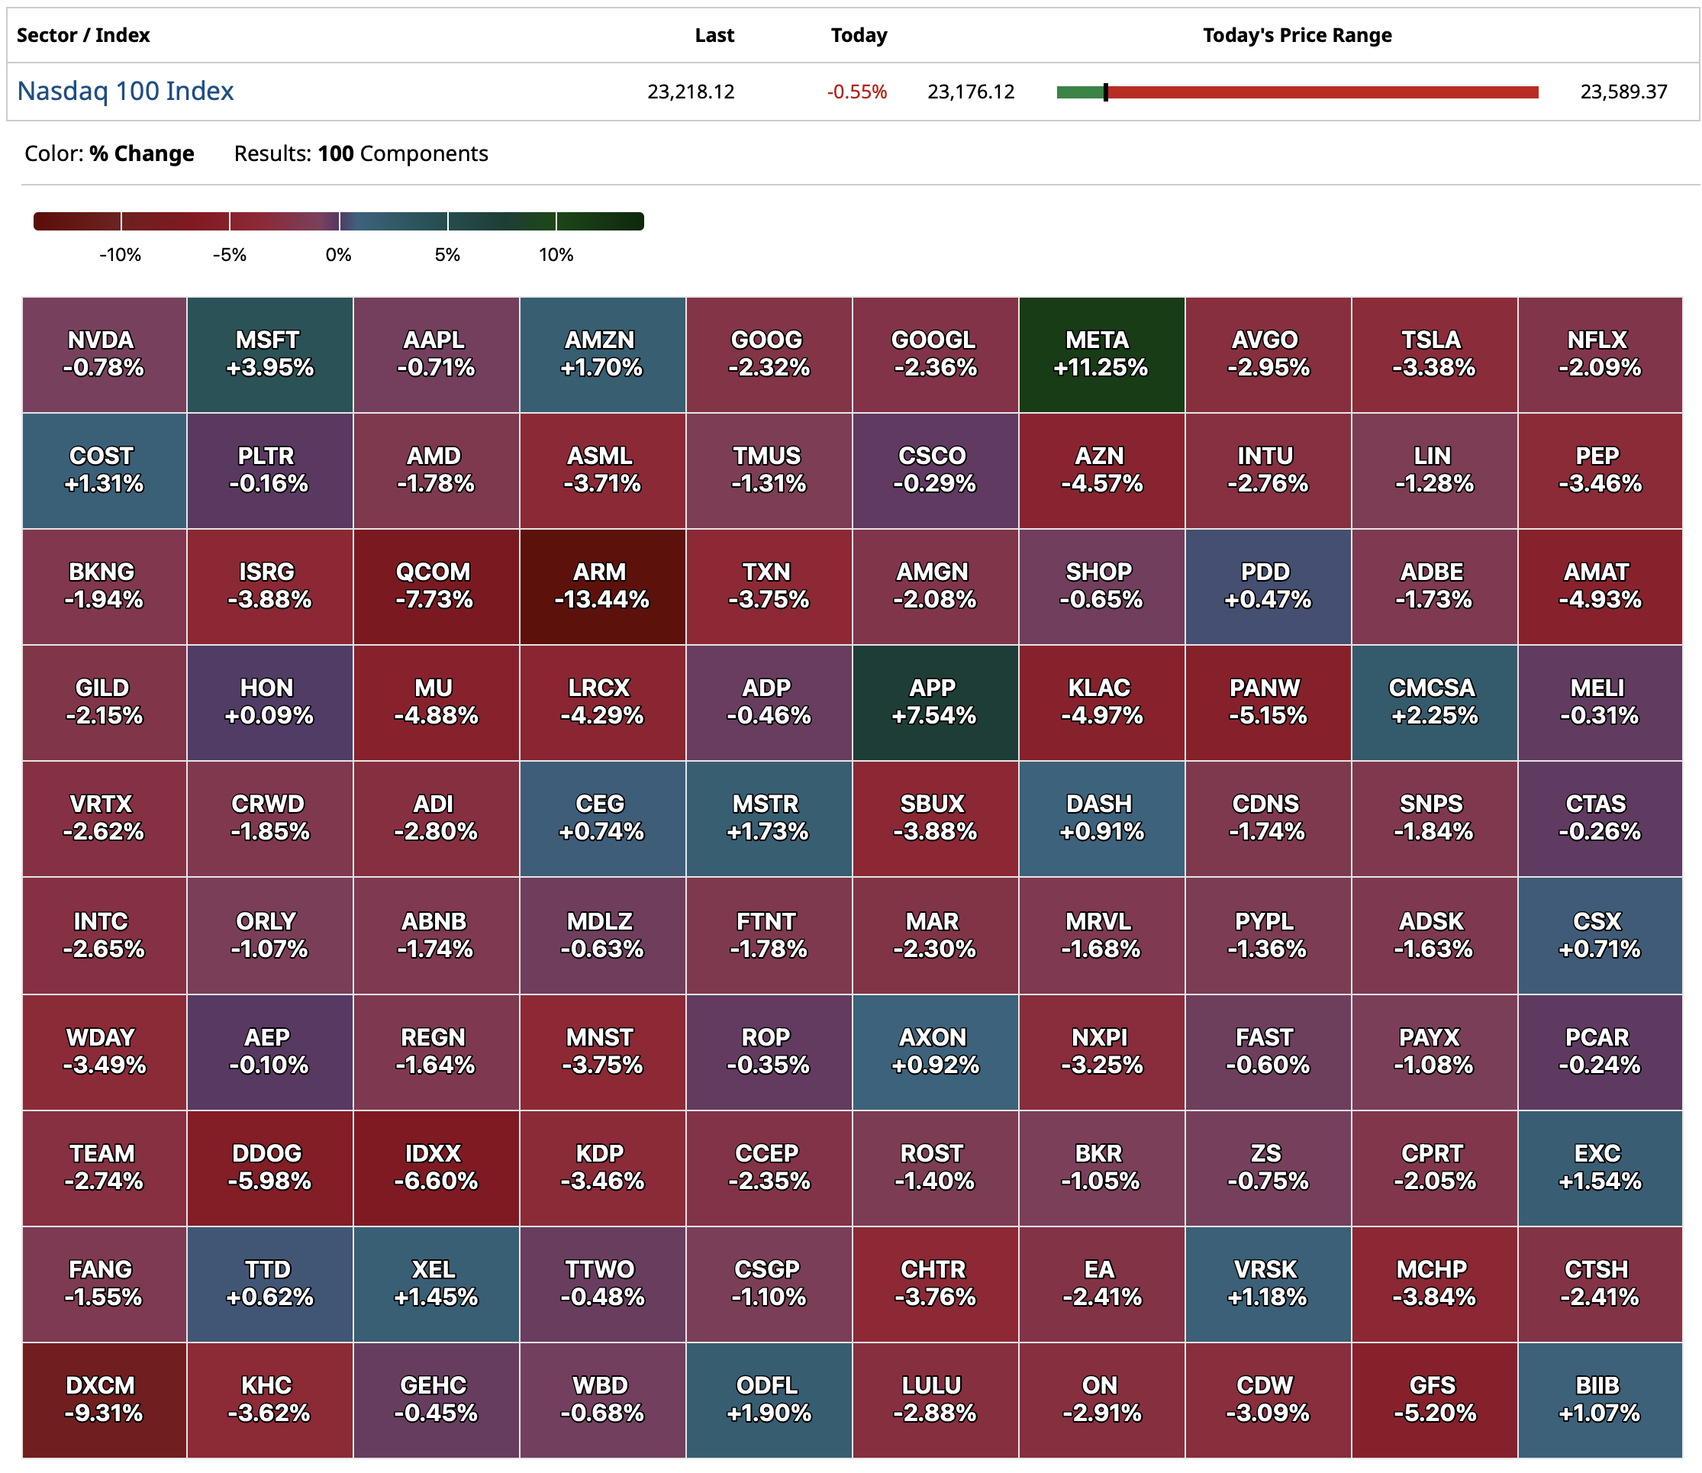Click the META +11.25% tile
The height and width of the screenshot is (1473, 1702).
[1101, 354]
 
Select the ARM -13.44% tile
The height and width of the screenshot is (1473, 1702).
[601, 586]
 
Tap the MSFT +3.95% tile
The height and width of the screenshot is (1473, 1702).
[269, 354]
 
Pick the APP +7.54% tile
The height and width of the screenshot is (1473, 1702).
[934, 702]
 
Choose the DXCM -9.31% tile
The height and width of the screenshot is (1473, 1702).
[104, 1399]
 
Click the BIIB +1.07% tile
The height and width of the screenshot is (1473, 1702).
[1599, 1399]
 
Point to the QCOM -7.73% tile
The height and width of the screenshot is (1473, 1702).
[436, 586]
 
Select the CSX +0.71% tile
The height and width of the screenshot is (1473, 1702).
[1599, 935]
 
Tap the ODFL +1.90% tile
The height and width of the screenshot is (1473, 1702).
[768, 1399]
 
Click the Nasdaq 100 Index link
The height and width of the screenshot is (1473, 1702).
[126, 92]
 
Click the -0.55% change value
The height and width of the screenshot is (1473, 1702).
[856, 92]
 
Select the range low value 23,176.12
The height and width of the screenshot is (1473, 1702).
[971, 92]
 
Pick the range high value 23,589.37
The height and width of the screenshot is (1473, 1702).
[1623, 92]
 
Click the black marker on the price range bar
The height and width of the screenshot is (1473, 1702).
[1105, 92]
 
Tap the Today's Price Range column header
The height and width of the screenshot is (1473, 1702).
[1297, 35]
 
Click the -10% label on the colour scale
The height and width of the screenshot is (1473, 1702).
[120, 255]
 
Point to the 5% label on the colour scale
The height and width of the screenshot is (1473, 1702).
[447, 255]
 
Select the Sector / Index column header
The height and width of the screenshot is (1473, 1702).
[83, 35]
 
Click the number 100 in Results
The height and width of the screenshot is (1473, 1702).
[335, 153]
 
